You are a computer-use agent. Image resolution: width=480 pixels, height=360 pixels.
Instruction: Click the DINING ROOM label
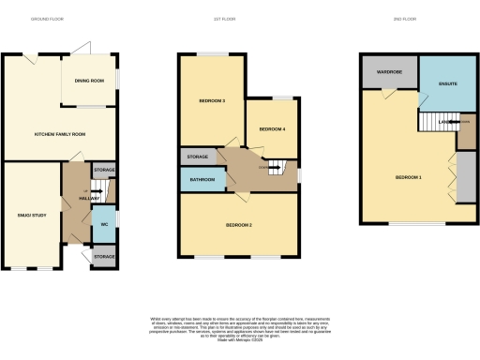tap(89, 80)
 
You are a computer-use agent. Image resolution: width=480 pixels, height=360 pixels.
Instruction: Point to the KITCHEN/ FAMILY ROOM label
tap(60, 135)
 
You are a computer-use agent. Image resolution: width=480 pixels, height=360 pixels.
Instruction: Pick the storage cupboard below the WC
tap(104, 256)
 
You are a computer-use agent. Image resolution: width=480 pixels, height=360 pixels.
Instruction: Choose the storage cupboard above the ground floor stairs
tap(104, 171)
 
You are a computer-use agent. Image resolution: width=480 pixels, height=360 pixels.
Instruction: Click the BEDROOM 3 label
tap(211, 100)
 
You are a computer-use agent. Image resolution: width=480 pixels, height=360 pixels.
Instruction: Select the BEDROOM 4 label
tap(272, 127)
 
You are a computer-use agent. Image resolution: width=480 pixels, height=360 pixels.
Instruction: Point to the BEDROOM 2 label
tap(239, 225)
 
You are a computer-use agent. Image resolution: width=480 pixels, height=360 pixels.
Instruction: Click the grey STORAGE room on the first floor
tap(197, 157)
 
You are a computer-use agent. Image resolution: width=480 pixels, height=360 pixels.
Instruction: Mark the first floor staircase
tap(277, 170)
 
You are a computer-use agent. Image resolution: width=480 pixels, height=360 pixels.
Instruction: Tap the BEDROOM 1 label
tap(409, 177)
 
